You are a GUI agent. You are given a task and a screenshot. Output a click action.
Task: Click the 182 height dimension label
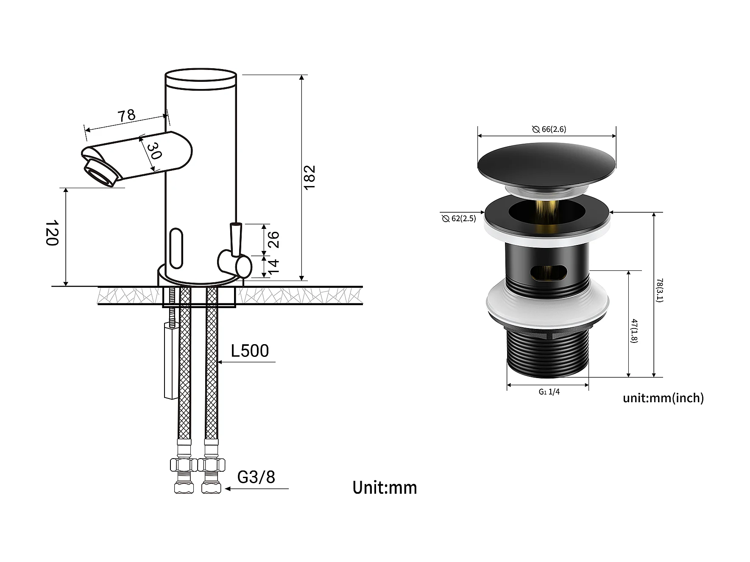[310, 177]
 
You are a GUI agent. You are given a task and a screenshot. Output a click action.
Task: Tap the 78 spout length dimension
[126, 115]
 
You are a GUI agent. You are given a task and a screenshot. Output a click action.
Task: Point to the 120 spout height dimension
[51, 232]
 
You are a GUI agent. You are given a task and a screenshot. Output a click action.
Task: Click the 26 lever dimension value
[273, 239]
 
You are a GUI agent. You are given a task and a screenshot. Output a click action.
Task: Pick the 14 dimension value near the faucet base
[273, 266]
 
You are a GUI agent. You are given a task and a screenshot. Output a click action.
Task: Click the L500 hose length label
[250, 351]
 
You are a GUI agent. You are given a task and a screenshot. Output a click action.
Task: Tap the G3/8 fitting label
[256, 477]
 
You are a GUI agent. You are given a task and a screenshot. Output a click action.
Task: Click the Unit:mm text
[385, 487]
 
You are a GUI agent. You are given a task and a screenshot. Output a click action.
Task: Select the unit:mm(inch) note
[663, 398]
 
